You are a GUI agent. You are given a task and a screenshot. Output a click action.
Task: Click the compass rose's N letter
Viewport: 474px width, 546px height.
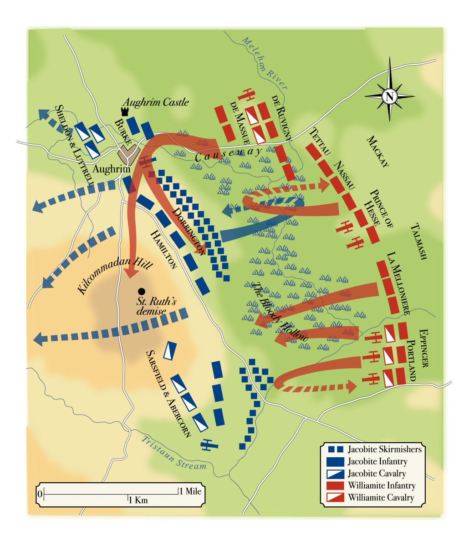point(389,96)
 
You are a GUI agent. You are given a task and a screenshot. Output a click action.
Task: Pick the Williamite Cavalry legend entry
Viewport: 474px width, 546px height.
point(381,497)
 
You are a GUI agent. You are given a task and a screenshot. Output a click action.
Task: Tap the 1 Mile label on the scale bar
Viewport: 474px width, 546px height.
point(190,491)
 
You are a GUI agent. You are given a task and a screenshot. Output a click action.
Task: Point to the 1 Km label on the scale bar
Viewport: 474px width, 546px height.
point(138,500)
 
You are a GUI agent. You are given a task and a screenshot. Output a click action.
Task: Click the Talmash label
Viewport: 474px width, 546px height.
point(418,241)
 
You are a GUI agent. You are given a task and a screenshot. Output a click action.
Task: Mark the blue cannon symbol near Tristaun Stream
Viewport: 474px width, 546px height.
point(208,445)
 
